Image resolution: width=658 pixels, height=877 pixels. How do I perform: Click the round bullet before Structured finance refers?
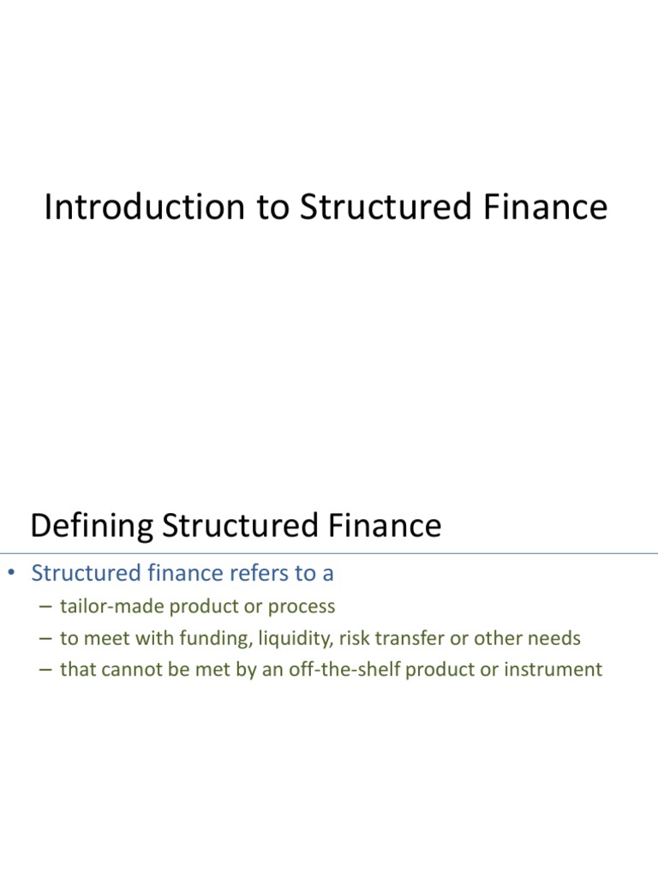click(12, 574)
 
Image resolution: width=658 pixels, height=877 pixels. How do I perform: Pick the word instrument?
click(559, 669)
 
